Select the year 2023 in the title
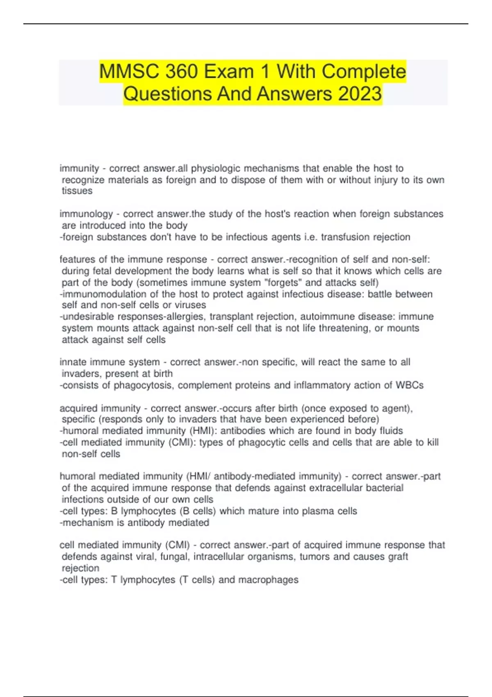[360, 93]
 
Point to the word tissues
[77, 191]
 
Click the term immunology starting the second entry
[86, 214]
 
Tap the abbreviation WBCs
[409, 385]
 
